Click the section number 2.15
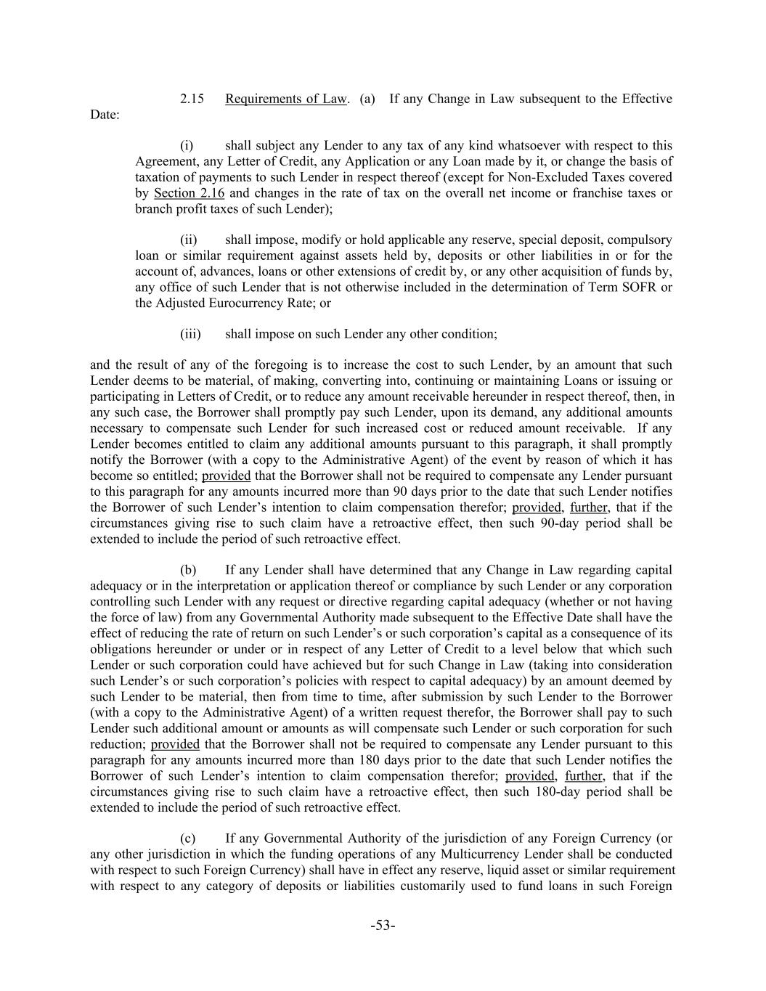pyautogui.click(x=192, y=99)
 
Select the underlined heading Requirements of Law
pyautogui.click(x=286, y=99)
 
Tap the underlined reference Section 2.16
pyautogui.click(x=190, y=193)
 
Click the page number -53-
pyautogui.click(x=383, y=925)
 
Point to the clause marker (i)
pyautogui.click(x=187, y=146)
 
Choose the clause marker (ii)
pyautogui.click(x=188, y=240)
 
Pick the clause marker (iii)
pyautogui.click(x=190, y=334)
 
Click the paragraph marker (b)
pyautogui.click(x=188, y=570)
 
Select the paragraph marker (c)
pyautogui.click(x=188, y=839)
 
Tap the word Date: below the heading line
pyautogui.click(x=105, y=115)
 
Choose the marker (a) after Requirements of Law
pyautogui.click(x=367, y=99)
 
